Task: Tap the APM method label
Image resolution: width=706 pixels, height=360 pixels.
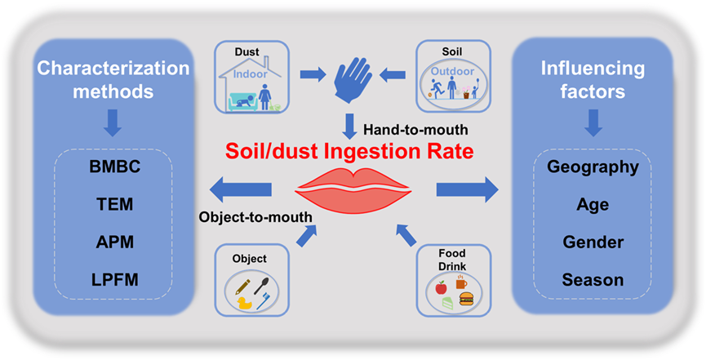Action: click(114, 243)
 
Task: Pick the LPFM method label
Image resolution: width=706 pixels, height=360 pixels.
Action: click(114, 280)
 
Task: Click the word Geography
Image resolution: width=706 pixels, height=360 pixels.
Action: click(593, 167)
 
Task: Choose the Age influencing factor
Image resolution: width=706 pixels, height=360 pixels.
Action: click(593, 205)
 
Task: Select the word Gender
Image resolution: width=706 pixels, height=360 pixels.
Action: click(593, 242)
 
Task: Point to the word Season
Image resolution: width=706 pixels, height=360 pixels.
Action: click(593, 280)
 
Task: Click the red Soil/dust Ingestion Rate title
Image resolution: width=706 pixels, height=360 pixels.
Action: click(353, 153)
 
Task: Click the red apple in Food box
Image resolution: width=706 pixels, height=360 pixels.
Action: click(441, 287)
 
